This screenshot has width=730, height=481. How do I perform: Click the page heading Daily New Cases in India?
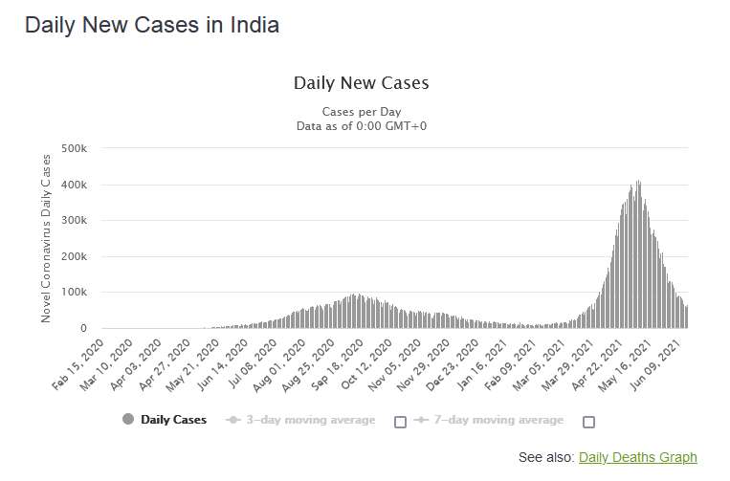tap(152, 26)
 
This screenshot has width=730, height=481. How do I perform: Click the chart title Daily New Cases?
tap(361, 82)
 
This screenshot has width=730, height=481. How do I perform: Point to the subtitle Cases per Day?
tap(361, 111)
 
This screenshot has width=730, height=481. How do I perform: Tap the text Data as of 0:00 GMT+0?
tap(361, 125)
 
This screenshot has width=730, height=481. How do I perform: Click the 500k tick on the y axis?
tap(74, 148)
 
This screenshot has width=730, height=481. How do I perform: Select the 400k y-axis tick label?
tap(74, 185)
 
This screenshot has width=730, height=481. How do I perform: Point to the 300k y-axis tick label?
tap(74, 220)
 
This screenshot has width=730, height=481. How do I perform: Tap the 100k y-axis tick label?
tap(74, 293)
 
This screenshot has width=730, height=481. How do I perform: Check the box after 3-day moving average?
tap(401, 422)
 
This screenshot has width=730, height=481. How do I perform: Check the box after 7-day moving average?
tap(589, 422)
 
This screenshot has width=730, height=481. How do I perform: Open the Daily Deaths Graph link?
tap(638, 457)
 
